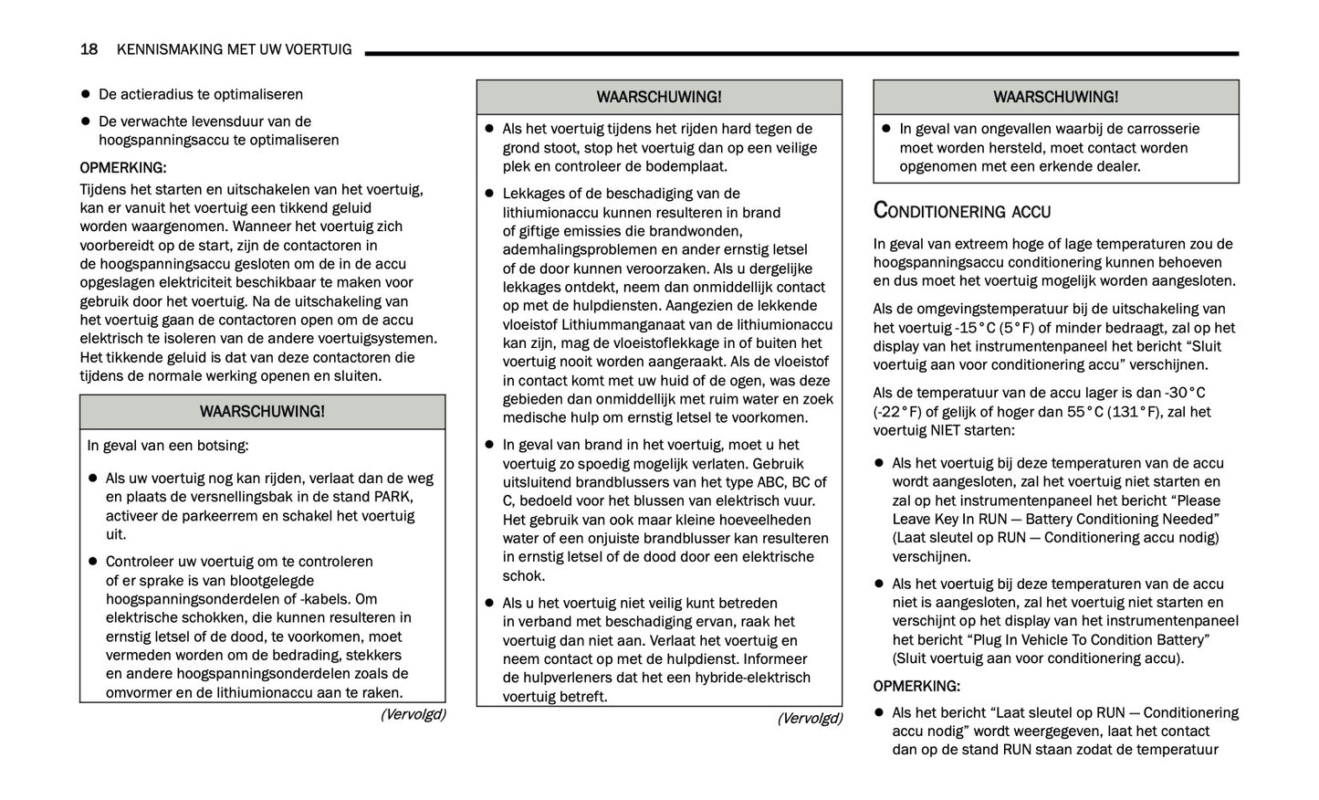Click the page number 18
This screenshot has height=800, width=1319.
(89, 49)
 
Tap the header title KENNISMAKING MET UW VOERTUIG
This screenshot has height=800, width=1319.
(234, 49)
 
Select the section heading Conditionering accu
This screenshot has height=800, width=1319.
(961, 211)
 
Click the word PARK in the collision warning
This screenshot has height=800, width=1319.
(393, 497)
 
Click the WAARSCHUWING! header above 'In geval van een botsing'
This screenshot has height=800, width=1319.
(262, 412)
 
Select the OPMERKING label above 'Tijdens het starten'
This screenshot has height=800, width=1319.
(123, 168)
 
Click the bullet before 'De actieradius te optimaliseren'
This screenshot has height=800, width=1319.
(86, 95)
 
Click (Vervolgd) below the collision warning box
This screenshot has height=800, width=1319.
(413, 714)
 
